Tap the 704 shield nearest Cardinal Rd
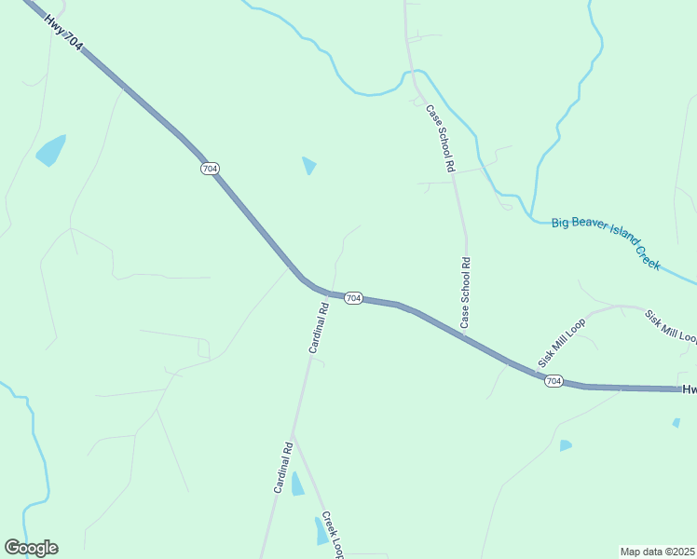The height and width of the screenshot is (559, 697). coord(352,298)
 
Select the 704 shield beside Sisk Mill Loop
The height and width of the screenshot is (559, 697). coord(553,381)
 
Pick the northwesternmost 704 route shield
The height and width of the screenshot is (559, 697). coord(210,169)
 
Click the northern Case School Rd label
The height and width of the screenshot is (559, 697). coord(440,138)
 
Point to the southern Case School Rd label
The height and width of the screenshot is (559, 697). coord(465,293)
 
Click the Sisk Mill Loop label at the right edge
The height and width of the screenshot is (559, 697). coord(671,325)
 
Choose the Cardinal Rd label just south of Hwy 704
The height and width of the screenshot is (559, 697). coord(319,327)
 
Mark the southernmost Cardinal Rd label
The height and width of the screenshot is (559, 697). coord(284,467)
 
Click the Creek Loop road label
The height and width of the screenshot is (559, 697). coord(333,535)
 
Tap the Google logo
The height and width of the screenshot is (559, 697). coord(32,548)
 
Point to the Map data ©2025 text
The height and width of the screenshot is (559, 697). coord(657,552)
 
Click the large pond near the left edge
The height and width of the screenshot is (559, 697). coord(50,150)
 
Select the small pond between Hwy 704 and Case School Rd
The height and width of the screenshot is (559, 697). coord(309,166)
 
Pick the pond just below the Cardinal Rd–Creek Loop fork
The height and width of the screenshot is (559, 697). coord(297,484)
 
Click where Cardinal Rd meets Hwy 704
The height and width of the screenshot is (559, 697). coord(328,293)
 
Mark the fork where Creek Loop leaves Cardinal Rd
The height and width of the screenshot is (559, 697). coord(293,436)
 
